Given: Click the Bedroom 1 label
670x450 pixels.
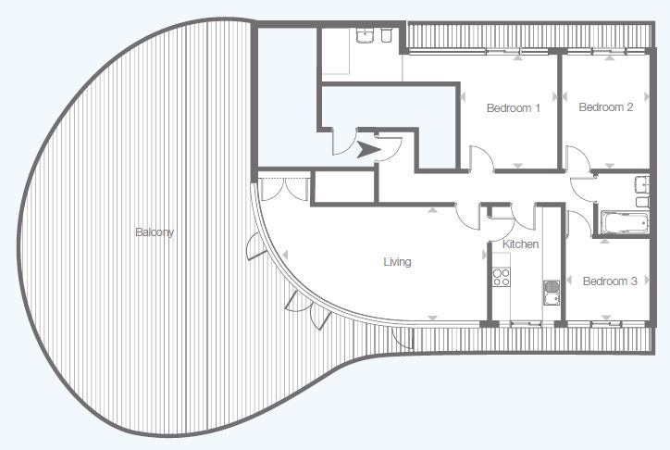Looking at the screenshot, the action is (514, 107).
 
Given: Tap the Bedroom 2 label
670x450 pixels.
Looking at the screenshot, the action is (605, 106).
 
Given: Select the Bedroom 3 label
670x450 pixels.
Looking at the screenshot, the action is (610, 281).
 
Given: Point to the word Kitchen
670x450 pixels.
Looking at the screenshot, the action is (520, 244).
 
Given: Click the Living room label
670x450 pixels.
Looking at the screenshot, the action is (397, 261).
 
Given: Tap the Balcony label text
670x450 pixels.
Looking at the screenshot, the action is (155, 232).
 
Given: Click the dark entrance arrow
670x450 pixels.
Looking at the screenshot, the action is (368, 149).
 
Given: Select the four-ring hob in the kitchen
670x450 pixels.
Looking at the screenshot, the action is (501, 277).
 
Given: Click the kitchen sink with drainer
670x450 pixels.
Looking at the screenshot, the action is (552, 293).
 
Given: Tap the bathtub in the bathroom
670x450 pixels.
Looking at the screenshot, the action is (625, 222).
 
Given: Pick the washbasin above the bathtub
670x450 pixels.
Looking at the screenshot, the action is (642, 184).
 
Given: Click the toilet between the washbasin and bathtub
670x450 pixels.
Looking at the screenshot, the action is (642, 202).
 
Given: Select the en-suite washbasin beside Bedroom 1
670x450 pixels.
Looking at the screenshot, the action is (366, 36).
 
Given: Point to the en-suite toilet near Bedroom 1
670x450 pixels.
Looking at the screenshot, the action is (386, 36).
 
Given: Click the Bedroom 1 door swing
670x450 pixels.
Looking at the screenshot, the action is (481, 158).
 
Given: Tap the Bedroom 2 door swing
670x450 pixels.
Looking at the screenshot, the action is (577, 158).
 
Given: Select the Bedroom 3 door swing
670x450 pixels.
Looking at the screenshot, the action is (578, 222).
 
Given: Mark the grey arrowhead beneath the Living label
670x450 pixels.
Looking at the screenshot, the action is (433, 318).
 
